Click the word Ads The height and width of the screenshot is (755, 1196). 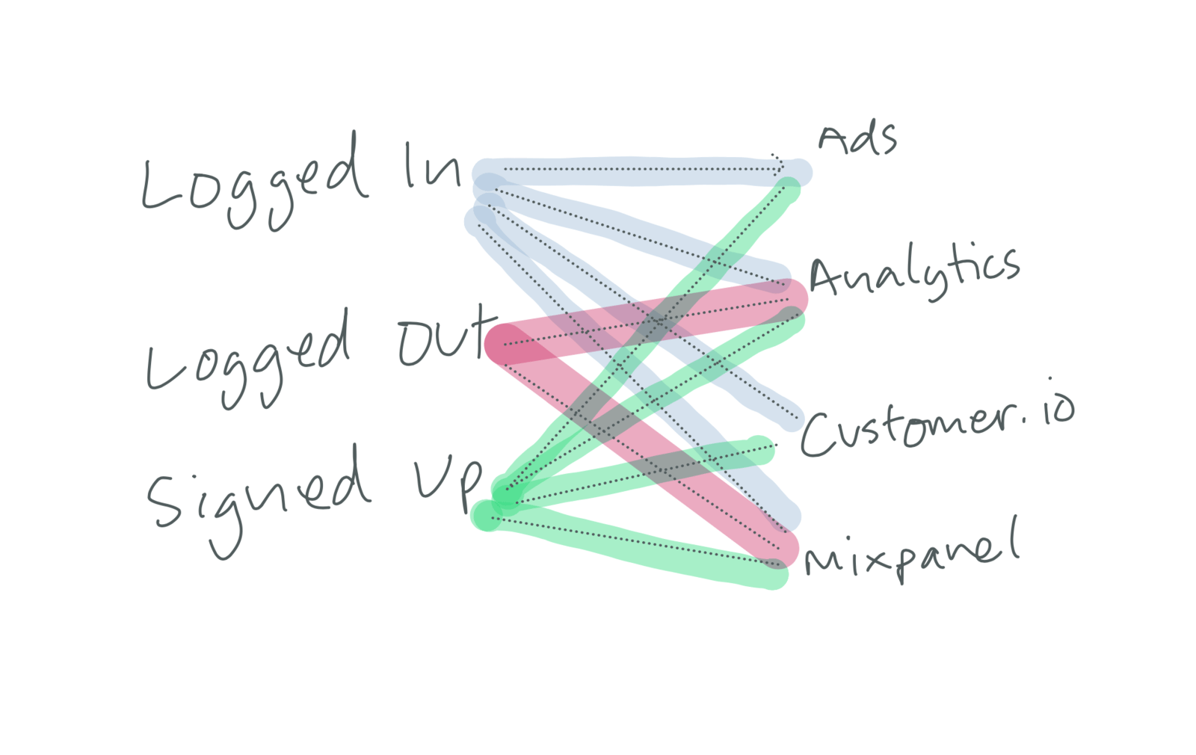coord(857,140)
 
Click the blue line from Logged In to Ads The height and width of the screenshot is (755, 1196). coord(635,171)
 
